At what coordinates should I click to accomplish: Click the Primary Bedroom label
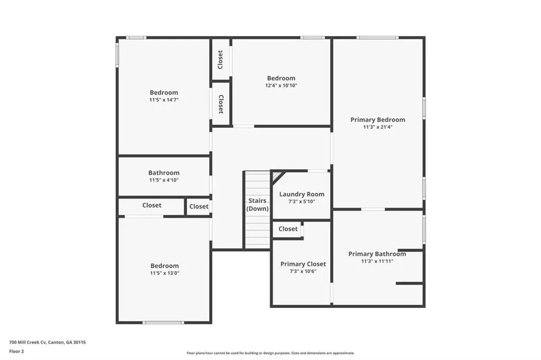(x=377, y=120)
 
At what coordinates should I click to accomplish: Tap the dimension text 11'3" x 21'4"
(x=377, y=127)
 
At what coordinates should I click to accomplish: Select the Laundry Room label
(x=302, y=194)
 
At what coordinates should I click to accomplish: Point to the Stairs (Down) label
(x=258, y=205)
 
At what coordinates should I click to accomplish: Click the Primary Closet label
(x=303, y=264)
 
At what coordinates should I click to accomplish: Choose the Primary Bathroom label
(x=377, y=254)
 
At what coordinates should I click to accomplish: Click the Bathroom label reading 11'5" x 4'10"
(x=164, y=173)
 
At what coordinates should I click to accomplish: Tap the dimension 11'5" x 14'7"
(x=164, y=100)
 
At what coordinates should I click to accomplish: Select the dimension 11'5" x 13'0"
(x=164, y=273)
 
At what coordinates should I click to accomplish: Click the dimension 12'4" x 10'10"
(x=281, y=86)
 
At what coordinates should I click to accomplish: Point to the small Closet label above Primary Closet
(x=288, y=229)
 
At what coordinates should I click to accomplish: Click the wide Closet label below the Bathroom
(x=152, y=205)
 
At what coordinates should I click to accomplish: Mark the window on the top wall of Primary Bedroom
(x=377, y=37)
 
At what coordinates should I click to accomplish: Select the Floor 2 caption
(x=16, y=351)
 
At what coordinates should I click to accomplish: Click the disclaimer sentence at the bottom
(x=270, y=353)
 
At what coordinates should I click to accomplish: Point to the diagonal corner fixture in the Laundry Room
(x=277, y=176)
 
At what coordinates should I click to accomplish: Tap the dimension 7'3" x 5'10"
(x=302, y=202)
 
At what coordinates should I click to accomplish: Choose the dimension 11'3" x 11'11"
(x=377, y=261)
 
